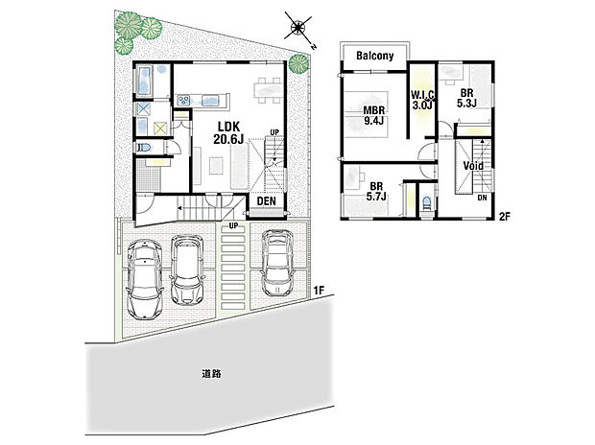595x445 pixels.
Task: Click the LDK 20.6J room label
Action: click(226, 132)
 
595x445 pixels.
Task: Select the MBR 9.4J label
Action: click(373, 115)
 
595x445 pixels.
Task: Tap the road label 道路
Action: click(213, 372)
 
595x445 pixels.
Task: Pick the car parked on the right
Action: click(277, 262)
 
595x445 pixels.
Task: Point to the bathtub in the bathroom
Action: click(143, 83)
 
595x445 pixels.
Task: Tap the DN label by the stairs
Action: click(483, 198)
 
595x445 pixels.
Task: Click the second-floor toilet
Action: click(423, 201)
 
